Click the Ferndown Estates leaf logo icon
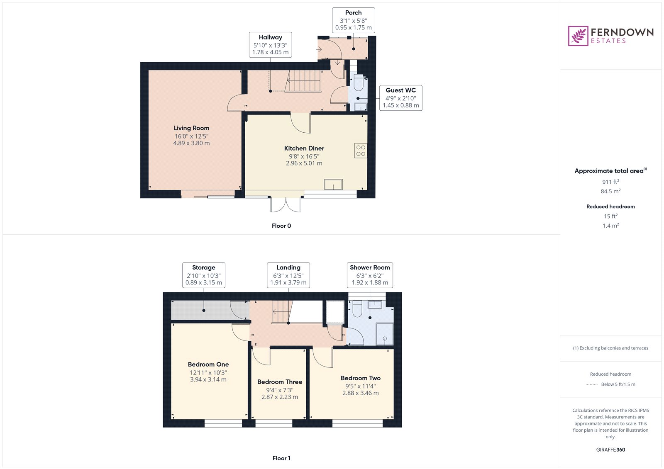tap(578, 36)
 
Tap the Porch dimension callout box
tap(353, 20)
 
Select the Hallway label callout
tap(270, 44)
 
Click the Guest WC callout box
tap(400, 98)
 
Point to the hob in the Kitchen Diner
tap(361, 151)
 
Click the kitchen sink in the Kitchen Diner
tap(333, 184)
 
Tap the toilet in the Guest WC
tap(359, 83)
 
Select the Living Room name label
tap(191, 128)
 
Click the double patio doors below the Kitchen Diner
tap(286, 204)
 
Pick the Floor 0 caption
tap(281, 226)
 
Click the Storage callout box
tap(203, 275)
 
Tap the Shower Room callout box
tap(370, 275)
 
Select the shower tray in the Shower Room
tap(384, 334)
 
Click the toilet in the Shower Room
tap(357, 309)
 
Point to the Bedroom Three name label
tap(280, 382)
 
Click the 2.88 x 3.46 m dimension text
tap(360, 393)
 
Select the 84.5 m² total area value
tap(610, 191)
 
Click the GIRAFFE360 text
tap(610, 450)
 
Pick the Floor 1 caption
tap(281, 458)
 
